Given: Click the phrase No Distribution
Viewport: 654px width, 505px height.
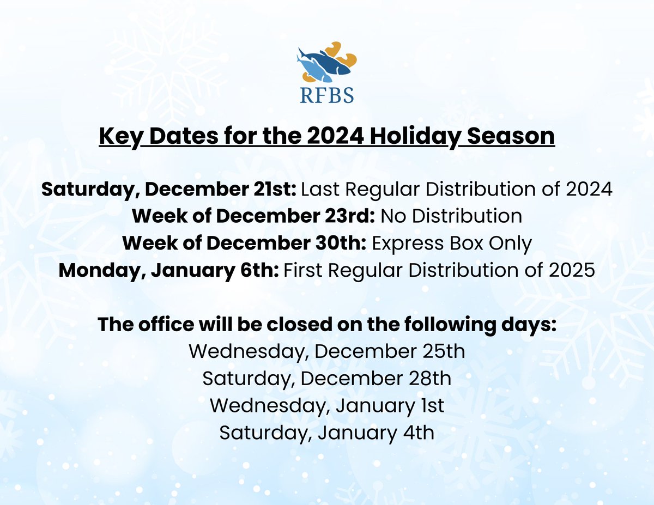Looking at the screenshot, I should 451,216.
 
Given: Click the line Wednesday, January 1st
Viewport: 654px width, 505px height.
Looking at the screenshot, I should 327,406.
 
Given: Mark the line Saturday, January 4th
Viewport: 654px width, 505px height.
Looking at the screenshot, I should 327,433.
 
